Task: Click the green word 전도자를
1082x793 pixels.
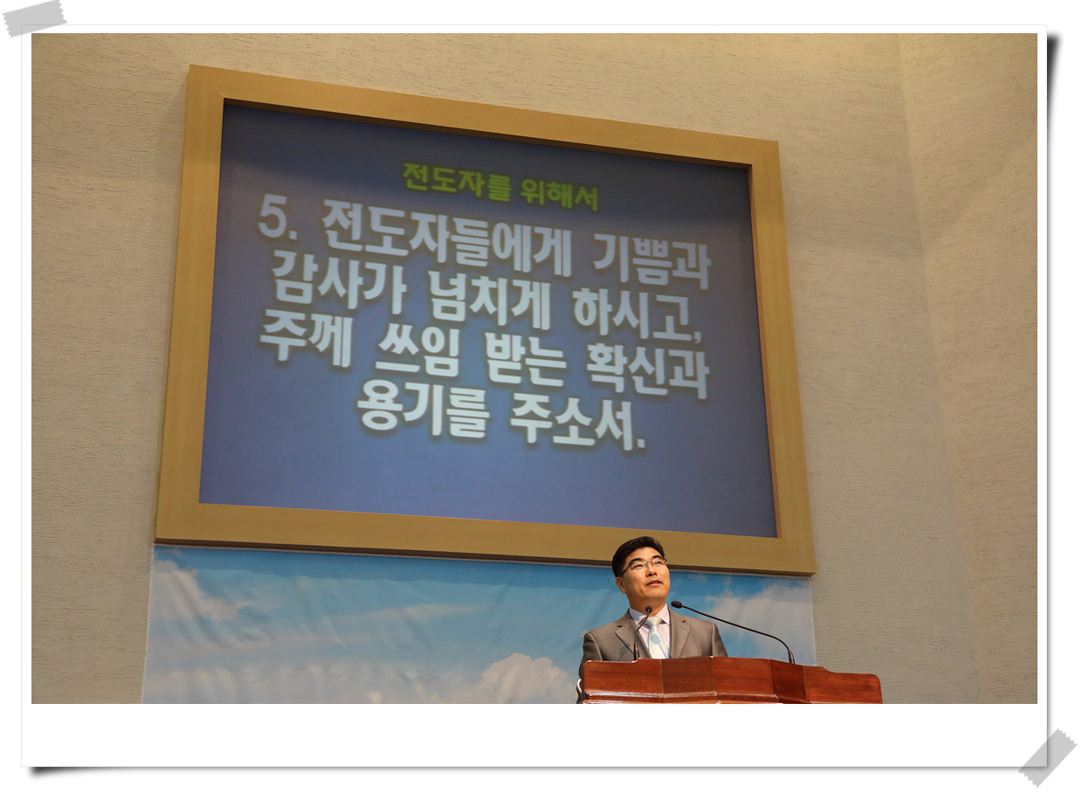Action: pos(456,183)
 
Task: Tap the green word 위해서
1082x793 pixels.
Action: pos(559,195)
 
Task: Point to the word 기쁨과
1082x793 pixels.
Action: pos(651,264)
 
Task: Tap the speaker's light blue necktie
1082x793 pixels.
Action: pos(656,637)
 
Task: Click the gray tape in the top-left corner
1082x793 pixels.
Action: pos(34,18)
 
